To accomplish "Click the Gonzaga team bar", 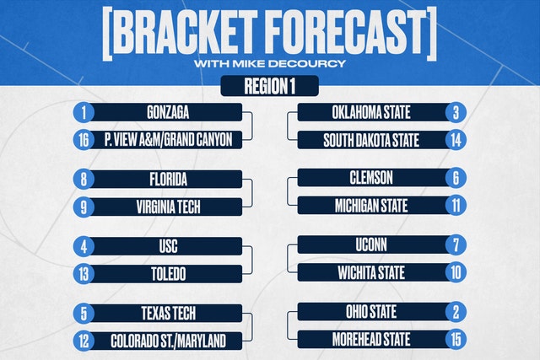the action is pyautogui.click(x=167, y=112).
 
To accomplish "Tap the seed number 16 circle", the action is pyautogui.click(x=84, y=140).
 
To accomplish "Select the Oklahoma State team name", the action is pyautogui.click(x=371, y=112).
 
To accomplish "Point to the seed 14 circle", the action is pyautogui.click(x=456, y=140).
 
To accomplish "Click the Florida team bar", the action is pyautogui.click(x=167, y=180).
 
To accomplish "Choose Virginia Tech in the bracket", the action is pyautogui.click(x=167, y=207).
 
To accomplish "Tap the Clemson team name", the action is pyautogui.click(x=371, y=178).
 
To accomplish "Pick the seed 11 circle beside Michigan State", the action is pyautogui.click(x=456, y=206).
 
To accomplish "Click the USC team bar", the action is pyautogui.click(x=167, y=246).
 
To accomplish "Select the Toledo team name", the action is pyautogui.click(x=169, y=274).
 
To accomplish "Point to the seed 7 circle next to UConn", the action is pyautogui.click(x=456, y=245).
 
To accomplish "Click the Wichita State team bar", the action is pyautogui.click(x=374, y=273).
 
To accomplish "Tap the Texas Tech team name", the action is pyautogui.click(x=169, y=314).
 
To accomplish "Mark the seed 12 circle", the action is pyautogui.click(x=84, y=341).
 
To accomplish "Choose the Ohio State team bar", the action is pyautogui.click(x=374, y=312).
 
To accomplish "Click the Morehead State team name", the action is pyautogui.click(x=371, y=340).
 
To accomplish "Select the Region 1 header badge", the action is pyautogui.click(x=270, y=86).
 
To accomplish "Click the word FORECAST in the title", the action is pyautogui.click(x=345, y=32).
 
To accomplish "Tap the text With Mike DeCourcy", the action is pyautogui.click(x=270, y=64).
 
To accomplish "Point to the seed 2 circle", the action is pyautogui.click(x=456, y=312).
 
